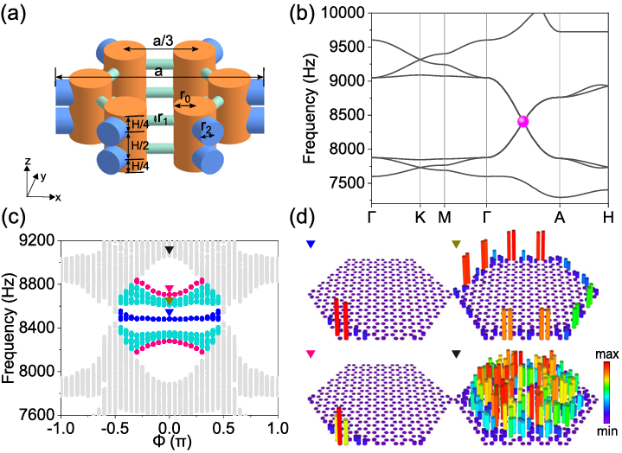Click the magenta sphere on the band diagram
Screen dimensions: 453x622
point(523,122)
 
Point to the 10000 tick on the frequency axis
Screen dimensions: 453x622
point(345,10)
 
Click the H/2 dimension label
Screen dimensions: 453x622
point(139,144)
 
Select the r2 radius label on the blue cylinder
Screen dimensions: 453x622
point(204,130)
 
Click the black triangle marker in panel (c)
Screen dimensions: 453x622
point(170,251)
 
